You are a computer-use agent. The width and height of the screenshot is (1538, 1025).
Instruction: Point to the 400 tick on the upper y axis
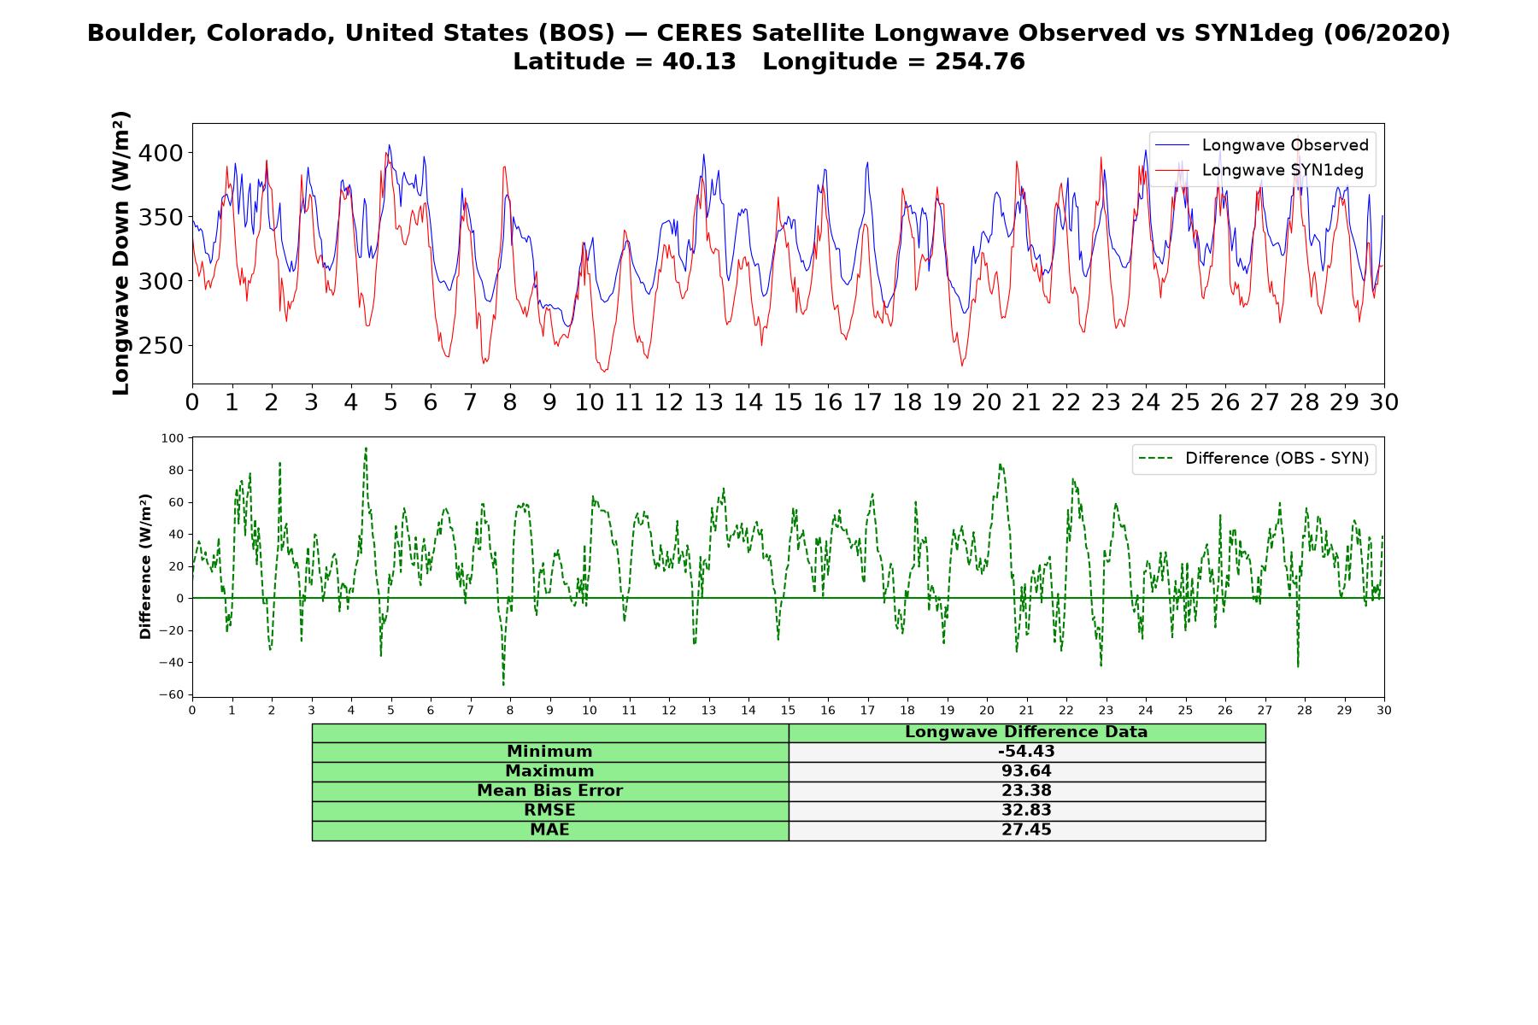coord(161,153)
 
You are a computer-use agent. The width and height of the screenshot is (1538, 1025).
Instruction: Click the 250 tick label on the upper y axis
coord(161,346)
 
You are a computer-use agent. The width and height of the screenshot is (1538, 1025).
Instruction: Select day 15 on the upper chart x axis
coord(788,402)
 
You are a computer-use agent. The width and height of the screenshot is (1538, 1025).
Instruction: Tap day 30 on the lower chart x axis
coord(1383,710)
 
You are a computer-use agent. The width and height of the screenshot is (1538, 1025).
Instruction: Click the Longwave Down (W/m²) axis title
coord(121,253)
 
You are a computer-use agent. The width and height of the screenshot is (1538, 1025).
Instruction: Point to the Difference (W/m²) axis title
coord(145,566)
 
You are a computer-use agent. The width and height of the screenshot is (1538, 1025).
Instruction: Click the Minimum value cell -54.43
coord(1026,752)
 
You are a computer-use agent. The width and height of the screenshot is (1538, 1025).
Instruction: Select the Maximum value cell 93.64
coord(1026,771)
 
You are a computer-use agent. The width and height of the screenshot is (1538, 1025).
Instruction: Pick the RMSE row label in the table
coord(549,811)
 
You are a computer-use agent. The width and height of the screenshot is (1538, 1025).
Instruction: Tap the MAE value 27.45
coord(1026,830)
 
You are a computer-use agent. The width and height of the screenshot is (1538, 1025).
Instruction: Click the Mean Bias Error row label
coord(549,791)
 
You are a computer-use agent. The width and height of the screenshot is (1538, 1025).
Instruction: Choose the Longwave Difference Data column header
coord(1026,732)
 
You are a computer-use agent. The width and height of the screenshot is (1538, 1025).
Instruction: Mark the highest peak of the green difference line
coord(366,448)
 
